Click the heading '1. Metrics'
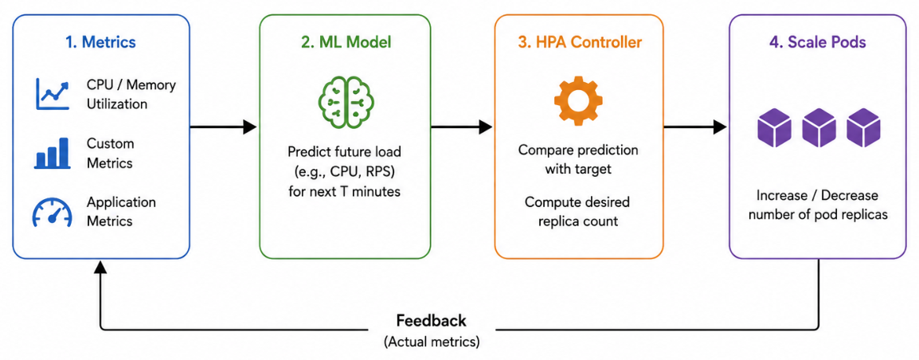pyautogui.click(x=100, y=42)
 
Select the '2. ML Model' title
pyautogui.click(x=344, y=42)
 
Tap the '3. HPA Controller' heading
pyautogui.click(x=578, y=42)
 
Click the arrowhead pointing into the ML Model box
pyautogui.click(x=250, y=126)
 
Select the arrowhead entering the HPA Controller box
pyautogui.click(x=485, y=126)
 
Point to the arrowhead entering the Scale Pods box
pyautogui.click(x=720, y=126)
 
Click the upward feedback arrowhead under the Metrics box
pyautogui.click(x=101, y=266)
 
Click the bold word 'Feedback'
pyautogui.click(x=432, y=321)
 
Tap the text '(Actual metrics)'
pyautogui.click(x=432, y=341)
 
